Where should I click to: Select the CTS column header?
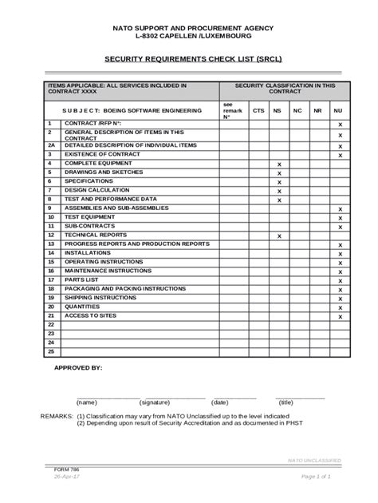click(258, 111)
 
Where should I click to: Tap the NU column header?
click(339, 111)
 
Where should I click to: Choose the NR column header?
click(317, 111)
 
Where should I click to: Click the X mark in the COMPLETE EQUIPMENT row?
click(279, 164)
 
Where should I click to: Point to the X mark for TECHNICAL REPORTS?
click(279, 236)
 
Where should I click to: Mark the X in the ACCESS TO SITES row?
click(340, 317)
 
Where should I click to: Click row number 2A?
click(51, 145)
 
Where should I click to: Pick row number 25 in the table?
click(51, 351)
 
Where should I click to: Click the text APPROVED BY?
click(77, 370)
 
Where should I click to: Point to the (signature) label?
click(155, 402)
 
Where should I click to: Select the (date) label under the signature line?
click(220, 402)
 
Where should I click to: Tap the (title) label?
click(285, 402)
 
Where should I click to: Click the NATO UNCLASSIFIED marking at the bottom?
click(314, 461)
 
